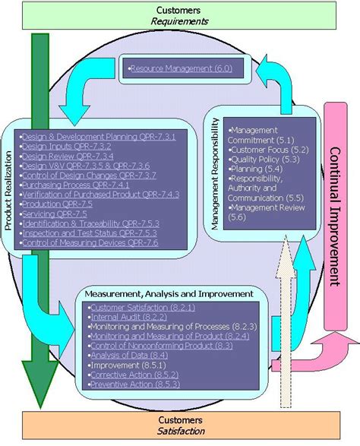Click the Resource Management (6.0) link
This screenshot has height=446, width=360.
(182, 69)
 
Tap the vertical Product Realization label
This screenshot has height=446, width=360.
(8, 187)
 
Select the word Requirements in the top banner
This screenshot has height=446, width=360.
(179, 21)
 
